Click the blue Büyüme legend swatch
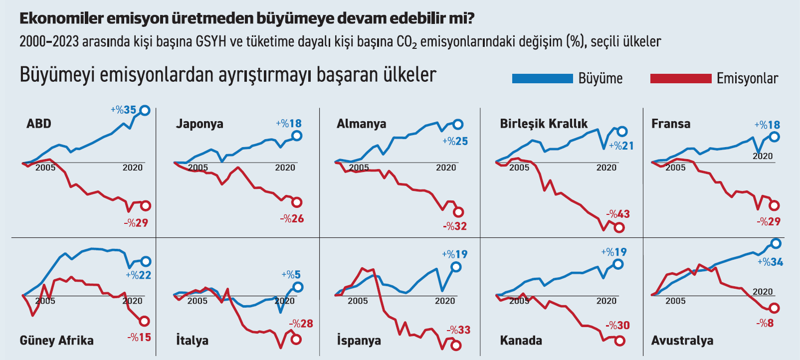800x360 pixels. [542, 78]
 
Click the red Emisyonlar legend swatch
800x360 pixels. [681, 78]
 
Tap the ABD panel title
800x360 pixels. [39, 124]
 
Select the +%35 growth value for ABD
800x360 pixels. [123, 110]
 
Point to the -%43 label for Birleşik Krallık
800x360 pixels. [618, 214]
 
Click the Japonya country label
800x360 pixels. [200, 124]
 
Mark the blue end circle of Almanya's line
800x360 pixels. [458, 125]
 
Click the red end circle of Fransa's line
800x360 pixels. [774, 205]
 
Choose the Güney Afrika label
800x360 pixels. [56, 341]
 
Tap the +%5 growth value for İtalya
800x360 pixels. [291, 275]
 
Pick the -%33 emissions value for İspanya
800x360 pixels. [458, 330]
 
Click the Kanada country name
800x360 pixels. [521, 341]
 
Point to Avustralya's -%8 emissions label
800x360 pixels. [765, 323]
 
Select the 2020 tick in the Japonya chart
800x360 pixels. [285, 168]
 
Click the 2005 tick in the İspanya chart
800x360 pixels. [358, 301]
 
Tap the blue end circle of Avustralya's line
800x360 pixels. [776, 243]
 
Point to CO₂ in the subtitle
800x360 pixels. [406, 41]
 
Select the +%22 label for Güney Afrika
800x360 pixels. [138, 275]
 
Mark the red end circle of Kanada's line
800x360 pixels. [619, 341]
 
